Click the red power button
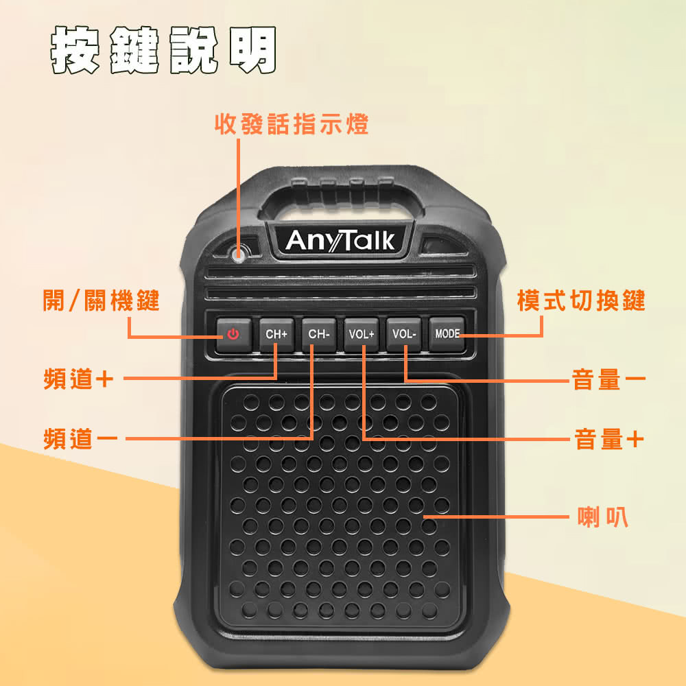[234, 335]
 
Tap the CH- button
[319, 335]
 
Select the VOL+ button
[362, 335]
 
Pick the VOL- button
[404, 335]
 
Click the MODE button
[447, 334]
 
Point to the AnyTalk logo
[340, 241]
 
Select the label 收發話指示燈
[292, 124]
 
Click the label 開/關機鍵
[101, 300]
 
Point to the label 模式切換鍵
[581, 300]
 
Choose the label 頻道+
[78, 379]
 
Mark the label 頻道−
[80, 439]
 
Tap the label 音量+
[609, 439]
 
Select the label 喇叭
[603, 517]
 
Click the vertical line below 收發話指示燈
[239, 193]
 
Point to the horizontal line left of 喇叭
[496, 517]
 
